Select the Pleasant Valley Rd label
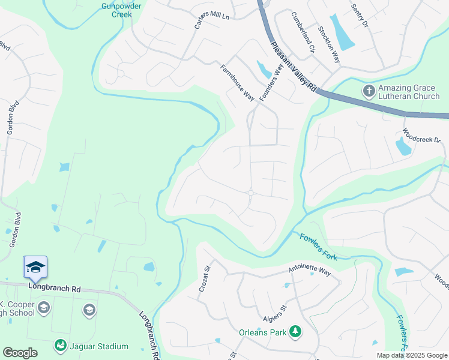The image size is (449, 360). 293,66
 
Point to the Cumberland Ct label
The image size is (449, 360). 303,32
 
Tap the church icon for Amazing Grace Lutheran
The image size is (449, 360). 368,91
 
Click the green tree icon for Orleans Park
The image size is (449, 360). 295,331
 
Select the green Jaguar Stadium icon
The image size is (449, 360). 60,346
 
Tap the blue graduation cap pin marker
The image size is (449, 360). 35,267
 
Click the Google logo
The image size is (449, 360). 20,353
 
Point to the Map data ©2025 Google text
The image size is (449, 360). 411,355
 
